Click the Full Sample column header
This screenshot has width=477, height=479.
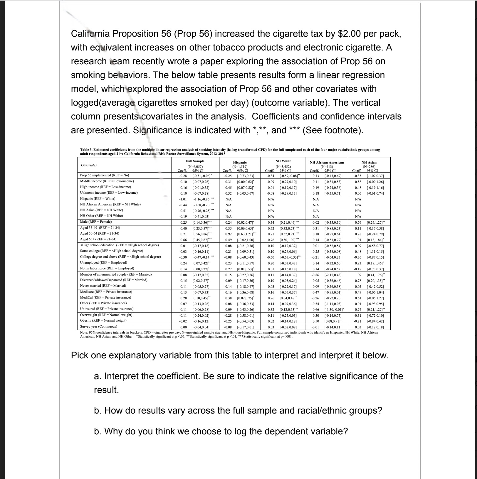(x=195, y=161)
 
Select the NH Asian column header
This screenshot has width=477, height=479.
(x=369, y=162)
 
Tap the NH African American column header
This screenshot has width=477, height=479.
(x=326, y=162)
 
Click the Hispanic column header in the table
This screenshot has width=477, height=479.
(x=240, y=162)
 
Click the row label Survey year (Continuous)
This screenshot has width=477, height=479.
(x=98, y=326)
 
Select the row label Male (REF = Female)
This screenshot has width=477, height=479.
(x=96, y=222)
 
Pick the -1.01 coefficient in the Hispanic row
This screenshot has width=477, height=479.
(x=183, y=199)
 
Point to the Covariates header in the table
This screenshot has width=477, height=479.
(x=89, y=165)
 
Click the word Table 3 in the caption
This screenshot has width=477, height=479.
(x=86, y=150)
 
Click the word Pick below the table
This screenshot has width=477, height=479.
(x=80, y=355)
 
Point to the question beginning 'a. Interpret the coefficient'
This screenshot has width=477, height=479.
(x=248, y=376)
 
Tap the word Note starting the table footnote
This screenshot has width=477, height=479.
(x=84, y=333)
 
